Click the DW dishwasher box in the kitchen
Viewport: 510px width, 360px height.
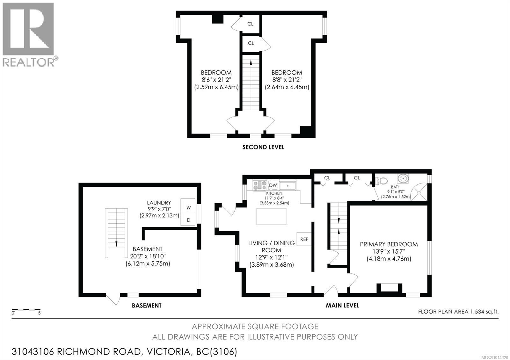click(x=273, y=185)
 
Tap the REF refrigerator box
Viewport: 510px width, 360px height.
click(x=304, y=239)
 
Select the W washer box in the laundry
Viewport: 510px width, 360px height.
click(x=188, y=208)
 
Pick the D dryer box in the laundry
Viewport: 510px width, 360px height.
click(x=188, y=220)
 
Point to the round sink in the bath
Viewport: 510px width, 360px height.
click(x=403, y=178)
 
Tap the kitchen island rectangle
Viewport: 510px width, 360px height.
click(x=271, y=216)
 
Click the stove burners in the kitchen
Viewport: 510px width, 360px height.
click(x=260, y=185)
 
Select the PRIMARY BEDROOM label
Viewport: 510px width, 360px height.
click(x=389, y=244)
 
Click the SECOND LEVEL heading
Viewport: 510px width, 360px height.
click(x=263, y=147)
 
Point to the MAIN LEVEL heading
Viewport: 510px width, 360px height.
click(x=342, y=305)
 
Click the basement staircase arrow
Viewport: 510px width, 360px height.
click(x=116, y=244)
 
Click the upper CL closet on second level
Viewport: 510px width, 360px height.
click(x=251, y=24)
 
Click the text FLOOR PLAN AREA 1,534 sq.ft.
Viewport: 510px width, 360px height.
click(x=458, y=312)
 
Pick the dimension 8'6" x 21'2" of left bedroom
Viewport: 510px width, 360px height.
click(x=216, y=80)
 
